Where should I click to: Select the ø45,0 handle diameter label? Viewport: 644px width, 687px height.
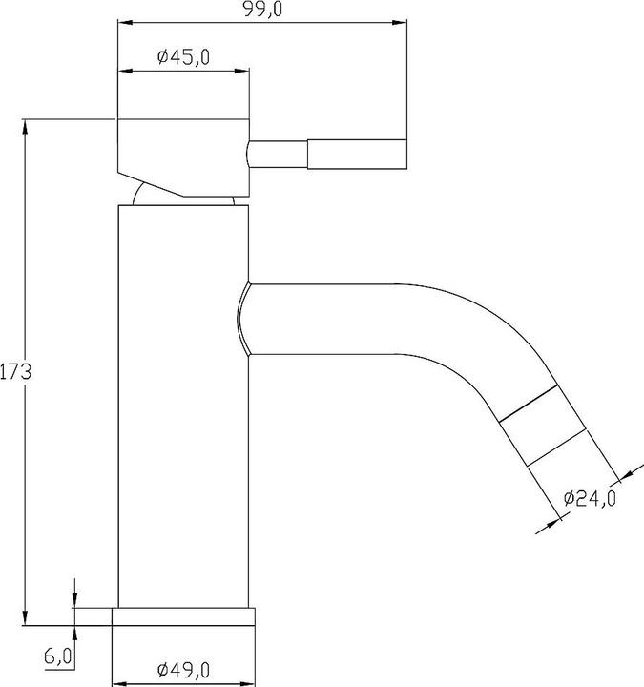click(183, 57)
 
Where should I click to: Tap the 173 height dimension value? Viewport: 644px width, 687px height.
click(16, 371)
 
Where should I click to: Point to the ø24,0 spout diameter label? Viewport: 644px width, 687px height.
click(590, 498)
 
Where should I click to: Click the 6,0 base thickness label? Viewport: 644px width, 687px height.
click(57, 656)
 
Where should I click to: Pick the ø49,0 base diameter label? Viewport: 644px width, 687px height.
click(183, 670)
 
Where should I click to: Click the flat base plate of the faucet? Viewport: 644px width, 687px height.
click(184, 616)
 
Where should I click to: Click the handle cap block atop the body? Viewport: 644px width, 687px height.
click(181, 153)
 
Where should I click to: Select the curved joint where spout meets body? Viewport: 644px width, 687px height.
click(242, 319)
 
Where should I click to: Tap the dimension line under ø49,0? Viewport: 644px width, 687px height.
click(184, 684)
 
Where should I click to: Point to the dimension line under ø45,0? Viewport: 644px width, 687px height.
click(183, 70)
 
